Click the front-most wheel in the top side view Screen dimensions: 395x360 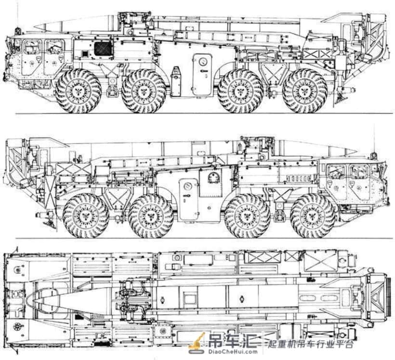click(79, 91)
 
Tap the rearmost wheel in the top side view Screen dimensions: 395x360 click(305, 91)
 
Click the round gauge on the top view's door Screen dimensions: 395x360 click(202, 62)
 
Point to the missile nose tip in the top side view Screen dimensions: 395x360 click(35, 26)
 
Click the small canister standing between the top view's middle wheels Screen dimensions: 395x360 click(176, 81)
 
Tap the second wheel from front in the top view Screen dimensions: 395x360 click(144, 91)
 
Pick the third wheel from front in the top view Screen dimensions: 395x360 click(240, 91)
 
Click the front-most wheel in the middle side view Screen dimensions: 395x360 click(313, 216)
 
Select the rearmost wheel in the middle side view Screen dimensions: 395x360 click(86, 216)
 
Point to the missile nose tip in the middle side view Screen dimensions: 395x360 click(356, 151)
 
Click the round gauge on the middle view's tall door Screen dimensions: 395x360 click(187, 187)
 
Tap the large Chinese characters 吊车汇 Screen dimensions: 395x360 click(233, 340)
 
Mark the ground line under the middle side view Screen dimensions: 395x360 click(204, 238)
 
